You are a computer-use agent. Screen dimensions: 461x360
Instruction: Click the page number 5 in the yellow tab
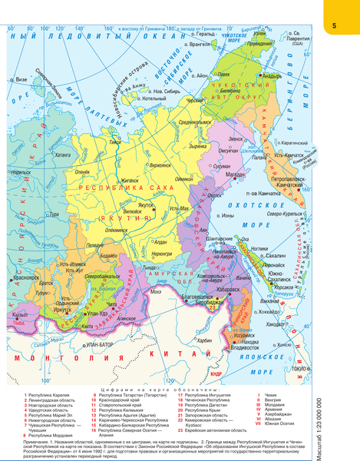coord(335,27)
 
